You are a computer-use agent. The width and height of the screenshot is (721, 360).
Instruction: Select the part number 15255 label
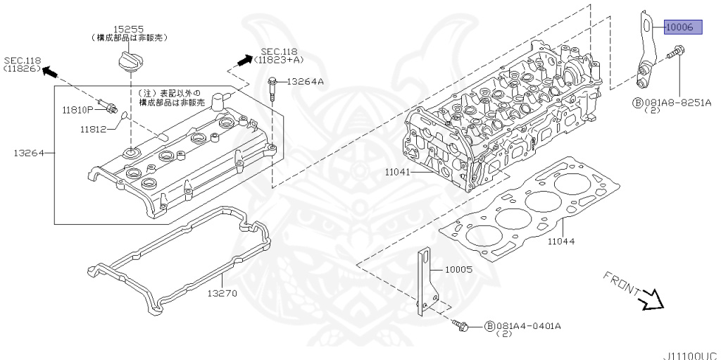coord(130,29)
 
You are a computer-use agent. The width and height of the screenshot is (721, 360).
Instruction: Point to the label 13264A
coord(306,82)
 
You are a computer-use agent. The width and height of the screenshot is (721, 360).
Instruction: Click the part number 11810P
coord(77,110)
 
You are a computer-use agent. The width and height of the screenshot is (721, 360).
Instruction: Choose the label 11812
coord(92,129)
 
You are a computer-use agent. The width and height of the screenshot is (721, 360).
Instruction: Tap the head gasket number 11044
coord(561,241)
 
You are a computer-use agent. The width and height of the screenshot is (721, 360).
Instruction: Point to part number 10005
coord(458,269)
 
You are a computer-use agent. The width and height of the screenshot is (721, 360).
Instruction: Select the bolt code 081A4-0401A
coord(529,326)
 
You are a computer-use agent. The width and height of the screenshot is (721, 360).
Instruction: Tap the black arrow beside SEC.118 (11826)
coord(51,71)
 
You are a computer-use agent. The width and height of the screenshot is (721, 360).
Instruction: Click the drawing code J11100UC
coord(689,356)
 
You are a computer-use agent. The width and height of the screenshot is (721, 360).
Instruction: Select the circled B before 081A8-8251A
coord(638,102)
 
